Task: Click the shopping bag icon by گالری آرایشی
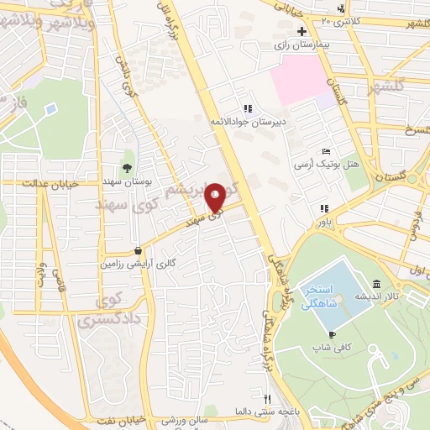[138, 250]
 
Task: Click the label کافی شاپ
[329, 346]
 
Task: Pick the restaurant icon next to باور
[323, 208]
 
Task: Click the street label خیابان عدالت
[50, 181]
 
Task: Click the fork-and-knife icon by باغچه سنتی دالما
[267, 399]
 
